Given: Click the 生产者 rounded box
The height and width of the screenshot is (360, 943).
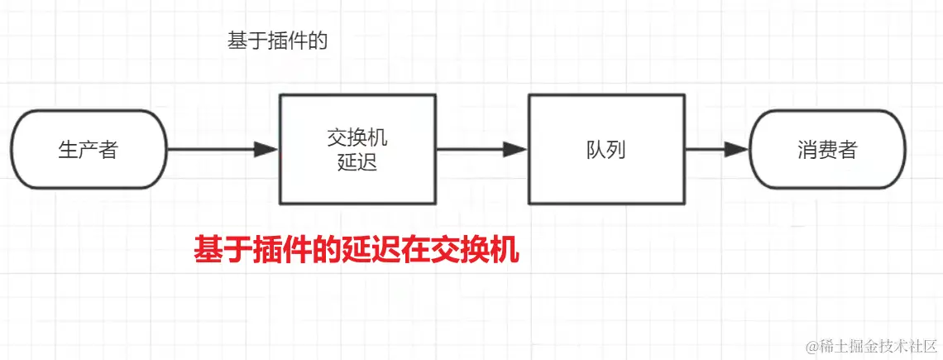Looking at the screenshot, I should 89,150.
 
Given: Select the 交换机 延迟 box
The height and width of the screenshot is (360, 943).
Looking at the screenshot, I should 357,149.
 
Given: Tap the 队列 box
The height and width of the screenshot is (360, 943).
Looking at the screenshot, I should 607,149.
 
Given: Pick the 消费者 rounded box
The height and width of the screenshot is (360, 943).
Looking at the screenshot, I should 828,150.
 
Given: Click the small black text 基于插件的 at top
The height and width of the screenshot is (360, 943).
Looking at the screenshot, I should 278,41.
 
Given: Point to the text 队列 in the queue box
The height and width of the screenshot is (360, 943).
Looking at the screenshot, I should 607,150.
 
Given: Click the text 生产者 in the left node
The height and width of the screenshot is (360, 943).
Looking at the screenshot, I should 89,150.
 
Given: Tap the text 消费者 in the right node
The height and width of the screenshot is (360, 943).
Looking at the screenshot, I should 828,150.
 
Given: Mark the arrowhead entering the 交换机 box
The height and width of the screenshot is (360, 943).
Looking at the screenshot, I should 266,150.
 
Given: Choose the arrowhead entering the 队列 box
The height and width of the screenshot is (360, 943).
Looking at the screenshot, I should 515,150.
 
